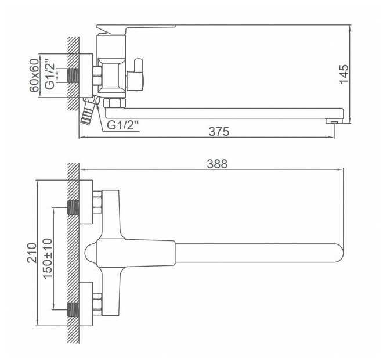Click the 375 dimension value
[x=219, y=132]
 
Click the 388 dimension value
[x=217, y=164]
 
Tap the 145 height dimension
[x=344, y=74]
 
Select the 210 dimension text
[x=31, y=253]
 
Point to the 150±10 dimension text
[x=48, y=258]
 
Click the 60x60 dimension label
[x=34, y=75]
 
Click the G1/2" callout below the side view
[x=123, y=125]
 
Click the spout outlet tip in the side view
[x=334, y=121]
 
